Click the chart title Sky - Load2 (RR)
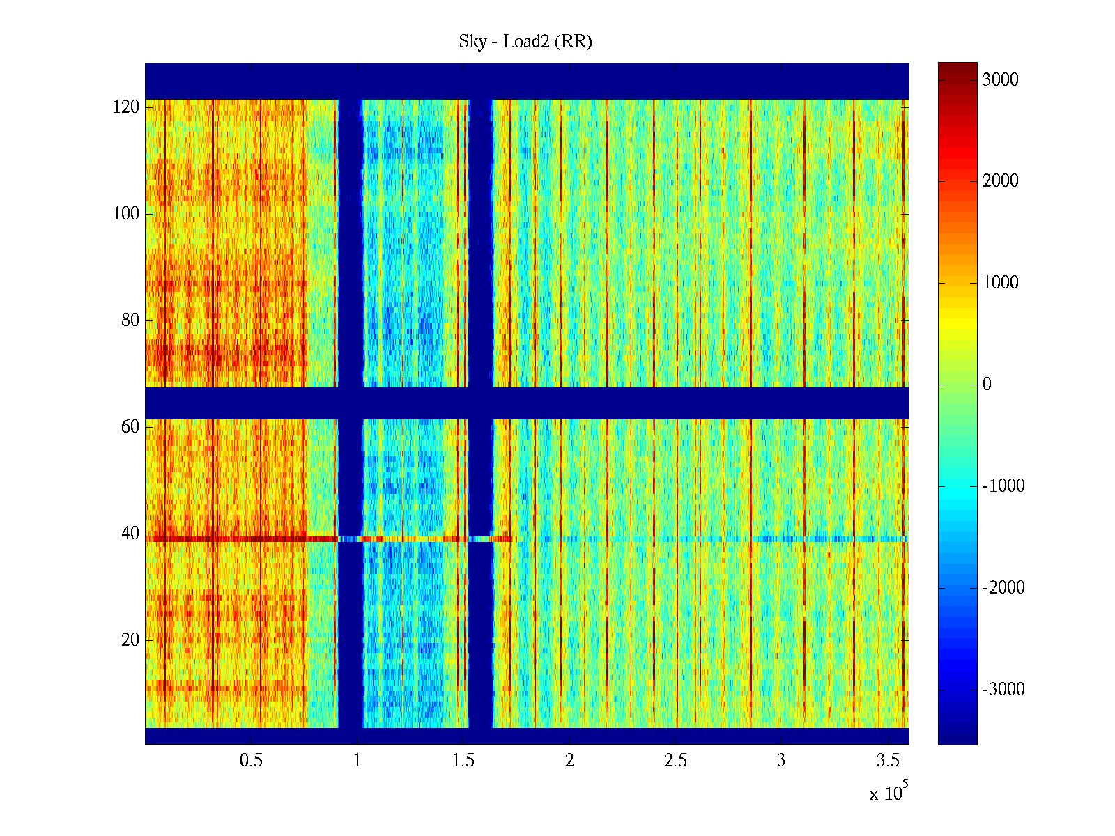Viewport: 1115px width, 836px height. [525, 42]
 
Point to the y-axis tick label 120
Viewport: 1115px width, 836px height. [126, 107]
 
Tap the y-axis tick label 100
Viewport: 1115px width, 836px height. [126, 214]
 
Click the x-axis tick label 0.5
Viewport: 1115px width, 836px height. [252, 761]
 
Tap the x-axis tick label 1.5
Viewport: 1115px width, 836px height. [463, 761]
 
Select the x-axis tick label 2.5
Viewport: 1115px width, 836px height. [675, 761]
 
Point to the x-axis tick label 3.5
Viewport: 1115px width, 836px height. [887, 761]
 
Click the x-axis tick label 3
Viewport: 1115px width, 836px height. [781, 761]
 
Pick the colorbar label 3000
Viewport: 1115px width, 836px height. [1001, 80]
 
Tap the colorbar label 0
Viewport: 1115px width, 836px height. [987, 385]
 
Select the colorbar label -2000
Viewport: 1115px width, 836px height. [1003, 588]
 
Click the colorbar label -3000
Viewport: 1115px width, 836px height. [1003, 690]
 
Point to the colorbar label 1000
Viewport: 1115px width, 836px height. [1001, 283]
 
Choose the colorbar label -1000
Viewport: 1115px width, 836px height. [1003, 486]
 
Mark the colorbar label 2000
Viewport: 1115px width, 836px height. [1001, 181]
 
